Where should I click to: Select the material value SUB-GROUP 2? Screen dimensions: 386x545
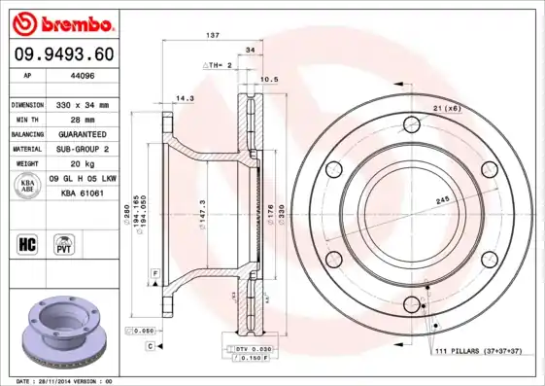point(84,149)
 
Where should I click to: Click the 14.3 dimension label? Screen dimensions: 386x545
point(185,98)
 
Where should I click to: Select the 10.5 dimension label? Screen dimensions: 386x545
point(271,80)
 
